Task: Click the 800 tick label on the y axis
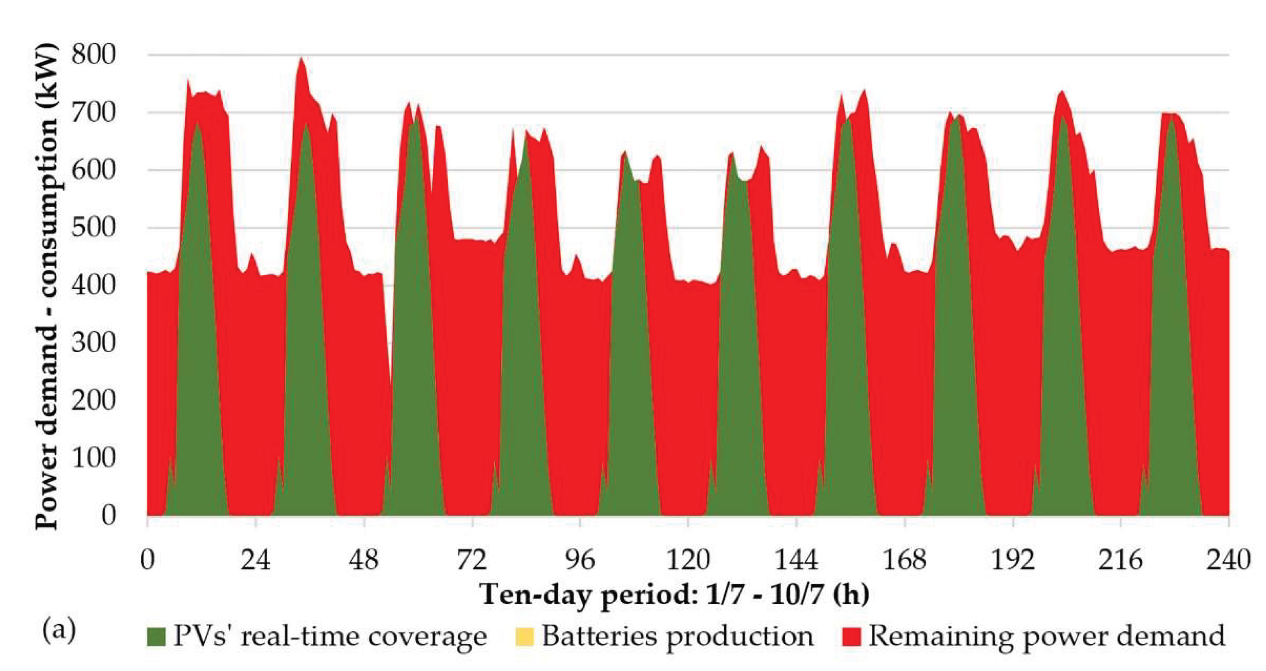pyautogui.click(x=94, y=54)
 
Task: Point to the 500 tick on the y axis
pyautogui.click(x=94, y=228)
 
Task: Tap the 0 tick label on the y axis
pyautogui.click(x=109, y=516)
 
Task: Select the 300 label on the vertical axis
pyautogui.click(x=94, y=342)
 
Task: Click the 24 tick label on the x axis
pyautogui.click(x=256, y=560)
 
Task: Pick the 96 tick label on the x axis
pyautogui.click(x=580, y=560)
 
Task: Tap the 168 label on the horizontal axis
pyautogui.click(x=904, y=560)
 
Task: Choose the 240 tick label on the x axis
pyautogui.click(x=1229, y=560)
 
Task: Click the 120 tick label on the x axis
pyautogui.click(x=688, y=560)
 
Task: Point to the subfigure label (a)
pyautogui.click(x=59, y=631)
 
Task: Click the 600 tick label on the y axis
pyautogui.click(x=94, y=170)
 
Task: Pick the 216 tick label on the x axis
pyautogui.click(x=1121, y=560)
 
